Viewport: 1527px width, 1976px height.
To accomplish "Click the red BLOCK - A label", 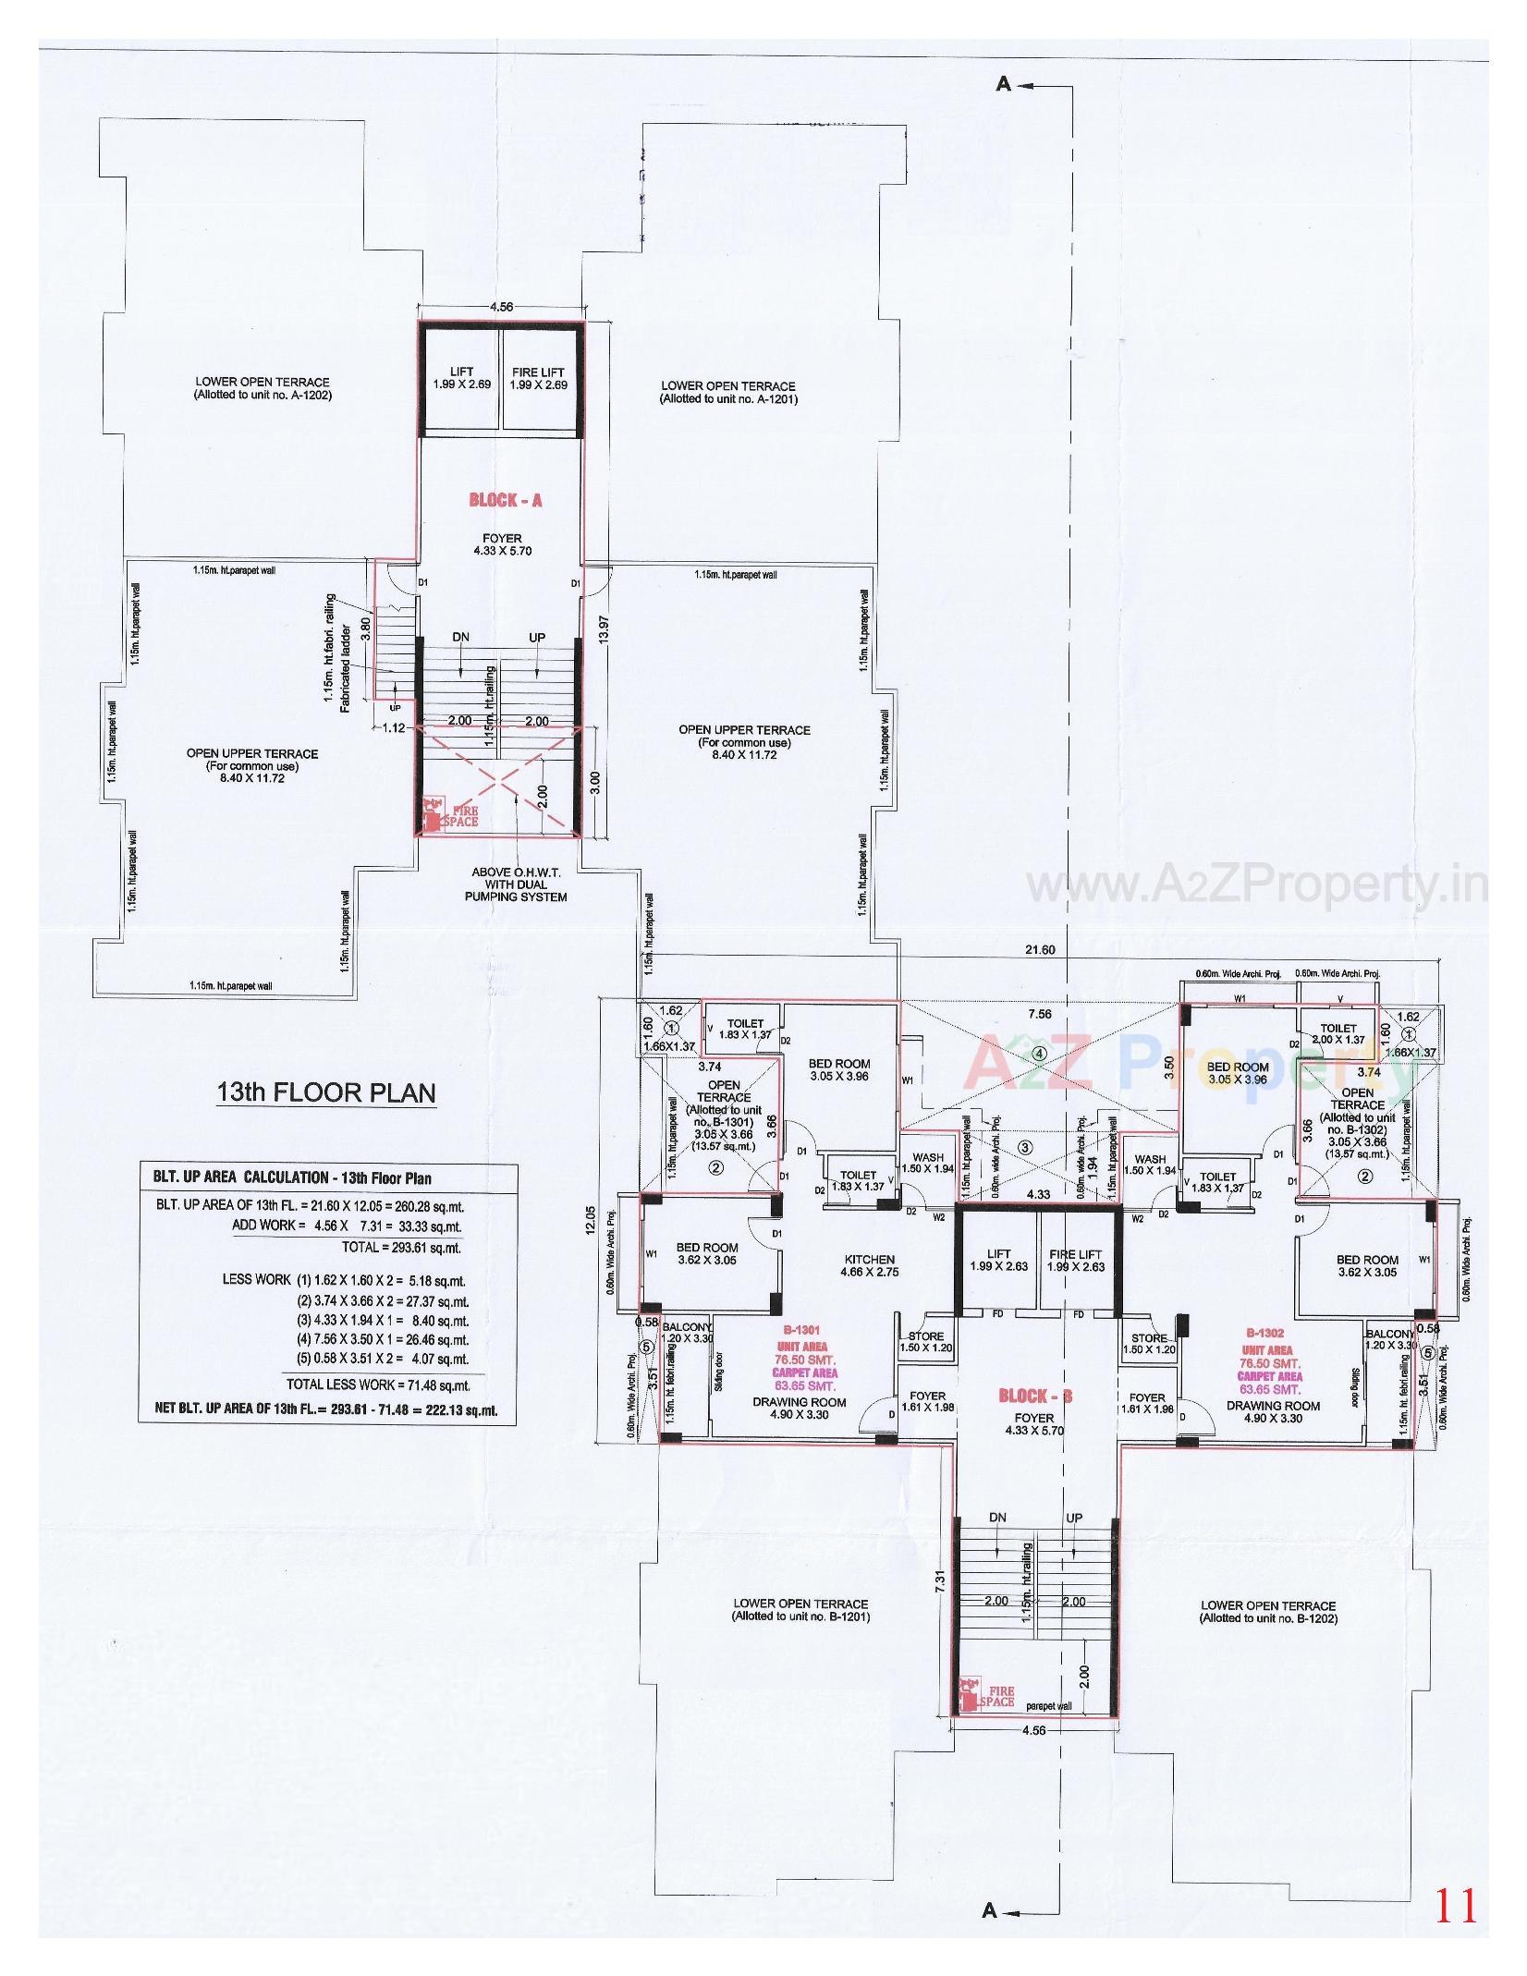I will [505, 500].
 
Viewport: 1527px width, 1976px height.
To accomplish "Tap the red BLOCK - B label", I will [1035, 1397].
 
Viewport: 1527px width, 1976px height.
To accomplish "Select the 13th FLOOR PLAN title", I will [325, 1092].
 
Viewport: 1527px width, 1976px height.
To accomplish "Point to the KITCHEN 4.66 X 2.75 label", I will [869, 1265].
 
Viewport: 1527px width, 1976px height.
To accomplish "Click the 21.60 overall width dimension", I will [1040, 950].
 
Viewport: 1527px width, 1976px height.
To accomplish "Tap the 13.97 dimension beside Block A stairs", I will [605, 636].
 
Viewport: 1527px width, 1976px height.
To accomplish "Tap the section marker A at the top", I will [1004, 84].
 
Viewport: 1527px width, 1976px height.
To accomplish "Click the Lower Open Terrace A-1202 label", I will [262, 388].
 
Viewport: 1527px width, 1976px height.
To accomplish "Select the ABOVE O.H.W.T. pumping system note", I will [519, 884].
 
